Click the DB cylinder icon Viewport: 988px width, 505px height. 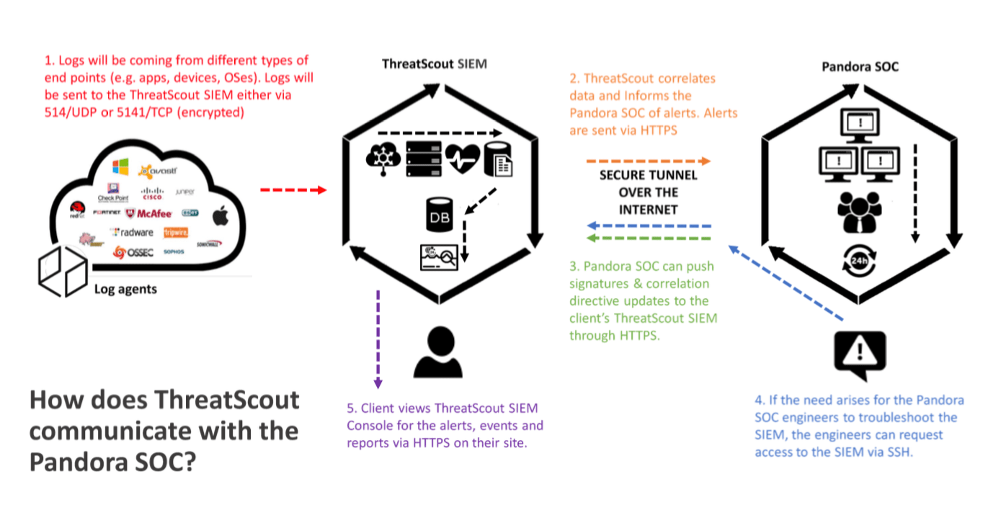tap(440, 216)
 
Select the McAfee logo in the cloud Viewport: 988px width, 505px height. tap(148, 213)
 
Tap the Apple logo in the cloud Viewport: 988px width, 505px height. tap(221, 215)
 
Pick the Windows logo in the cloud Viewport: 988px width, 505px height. tap(120, 167)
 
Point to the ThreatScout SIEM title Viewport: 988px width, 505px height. tap(434, 64)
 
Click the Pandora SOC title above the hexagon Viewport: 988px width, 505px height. tap(860, 66)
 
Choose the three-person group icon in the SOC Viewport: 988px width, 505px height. tap(859, 210)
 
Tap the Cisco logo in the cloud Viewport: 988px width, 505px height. tap(153, 193)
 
